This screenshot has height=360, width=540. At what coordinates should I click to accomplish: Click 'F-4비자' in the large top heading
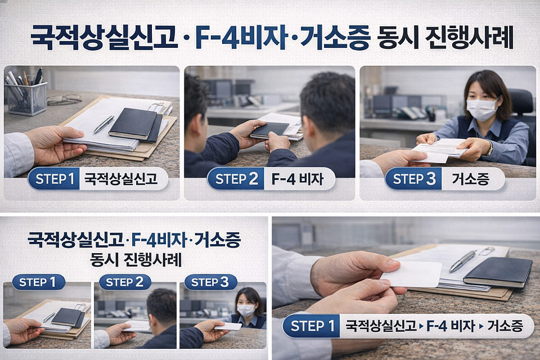tap(242, 37)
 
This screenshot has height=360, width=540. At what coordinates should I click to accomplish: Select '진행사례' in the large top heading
tap(469, 37)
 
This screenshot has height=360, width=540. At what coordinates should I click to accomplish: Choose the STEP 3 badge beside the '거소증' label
tap(413, 179)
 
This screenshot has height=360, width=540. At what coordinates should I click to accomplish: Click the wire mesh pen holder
tap(26, 99)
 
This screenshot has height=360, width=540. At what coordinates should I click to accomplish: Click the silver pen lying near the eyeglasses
tap(103, 124)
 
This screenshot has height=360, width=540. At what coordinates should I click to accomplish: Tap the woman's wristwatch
tap(489, 148)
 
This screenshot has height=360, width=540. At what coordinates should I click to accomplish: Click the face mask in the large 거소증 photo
tap(482, 109)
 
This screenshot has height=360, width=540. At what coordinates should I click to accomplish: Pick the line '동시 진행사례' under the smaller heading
tap(136, 260)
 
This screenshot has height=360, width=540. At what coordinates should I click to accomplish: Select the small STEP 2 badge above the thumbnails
tap(125, 282)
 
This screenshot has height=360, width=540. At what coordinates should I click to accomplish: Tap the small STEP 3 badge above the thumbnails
tap(210, 282)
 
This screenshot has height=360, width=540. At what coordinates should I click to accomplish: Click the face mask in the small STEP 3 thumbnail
tap(246, 310)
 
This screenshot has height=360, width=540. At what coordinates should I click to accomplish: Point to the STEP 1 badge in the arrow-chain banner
tap(312, 326)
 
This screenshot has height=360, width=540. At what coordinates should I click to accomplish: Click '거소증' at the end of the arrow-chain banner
tap(505, 326)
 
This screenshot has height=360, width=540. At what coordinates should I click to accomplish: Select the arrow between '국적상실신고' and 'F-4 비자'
tap(421, 326)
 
